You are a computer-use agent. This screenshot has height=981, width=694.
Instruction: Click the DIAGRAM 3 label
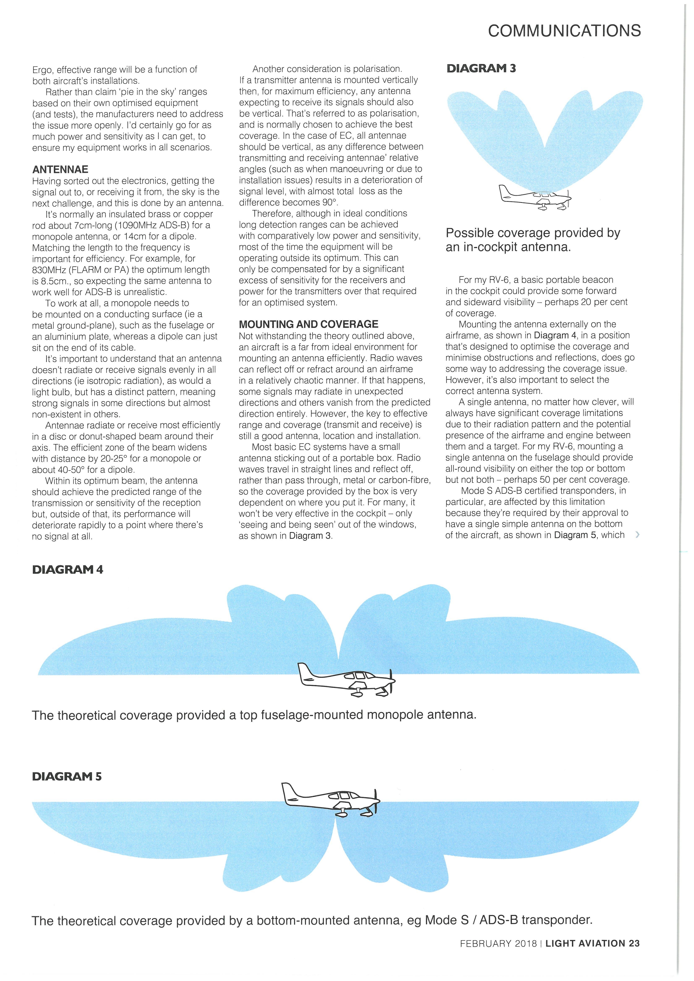click(x=481, y=68)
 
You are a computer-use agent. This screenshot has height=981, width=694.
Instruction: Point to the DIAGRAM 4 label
click(x=68, y=569)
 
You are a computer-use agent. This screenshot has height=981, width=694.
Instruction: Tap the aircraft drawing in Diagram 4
click(x=346, y=679)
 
